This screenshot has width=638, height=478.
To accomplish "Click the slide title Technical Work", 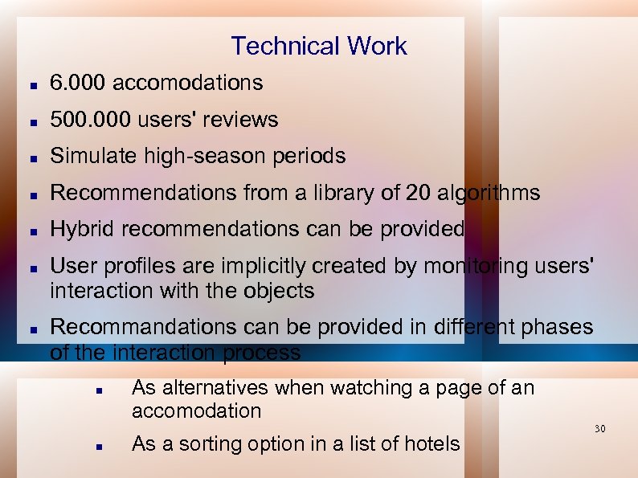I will pyautogui.click(x=319, y=46).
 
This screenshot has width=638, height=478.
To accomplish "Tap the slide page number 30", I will pyautogui.click(x=599, y=429).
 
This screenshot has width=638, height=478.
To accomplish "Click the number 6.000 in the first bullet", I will pyautogui.click(x=78, y=83).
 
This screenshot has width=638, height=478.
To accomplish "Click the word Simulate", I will pyautogui.click(x=94, y=156).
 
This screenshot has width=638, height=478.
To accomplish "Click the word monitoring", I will pyautogui.click(x=466, y=266).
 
